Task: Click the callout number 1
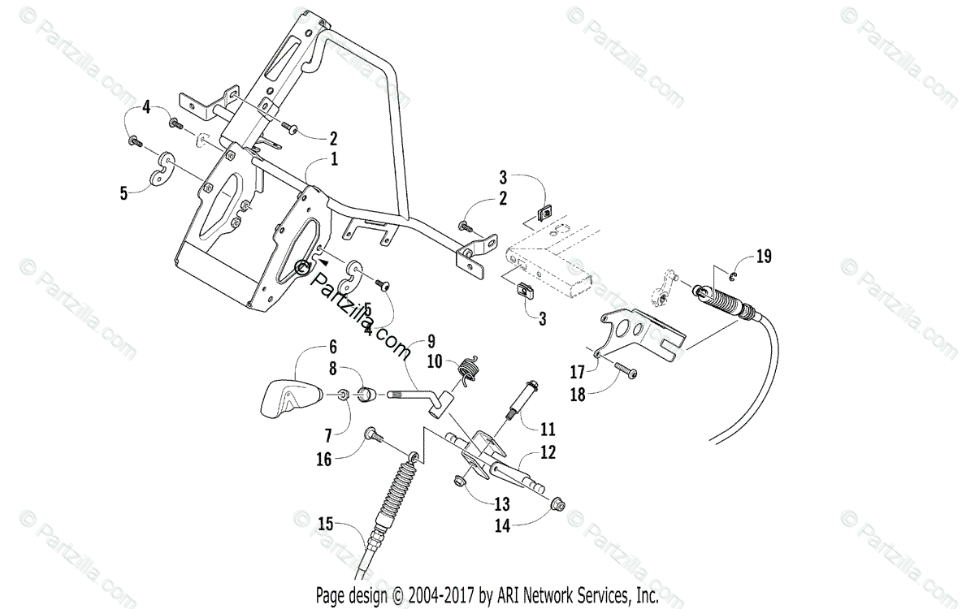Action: pyautogui.click(x=334, y=160)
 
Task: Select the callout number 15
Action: pyautogui.click(x=326, y=525)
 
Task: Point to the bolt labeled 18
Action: pyautogui.click(x=626, y=373)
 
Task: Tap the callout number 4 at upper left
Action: pyautogui.click(x=146, y=106)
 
